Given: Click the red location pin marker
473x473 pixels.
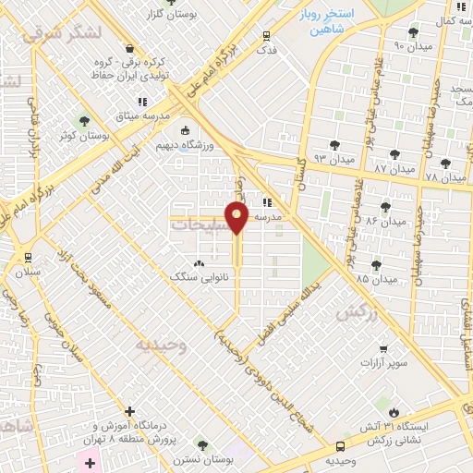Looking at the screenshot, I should pos(237,217).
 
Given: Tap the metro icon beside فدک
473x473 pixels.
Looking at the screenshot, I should pos(267,36).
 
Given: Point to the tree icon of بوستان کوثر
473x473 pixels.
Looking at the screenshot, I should pos(84,121).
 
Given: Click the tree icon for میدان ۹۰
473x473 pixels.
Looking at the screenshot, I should pos(412,31).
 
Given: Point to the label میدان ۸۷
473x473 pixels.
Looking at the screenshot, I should pos(394,169).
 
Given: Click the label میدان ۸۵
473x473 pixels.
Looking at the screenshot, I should pos(376,278).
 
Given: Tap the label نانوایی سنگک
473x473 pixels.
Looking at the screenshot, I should pos(195,276).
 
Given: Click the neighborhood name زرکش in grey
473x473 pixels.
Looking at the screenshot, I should pos(355,313).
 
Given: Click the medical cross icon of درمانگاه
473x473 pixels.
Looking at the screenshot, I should pos(129,411).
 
